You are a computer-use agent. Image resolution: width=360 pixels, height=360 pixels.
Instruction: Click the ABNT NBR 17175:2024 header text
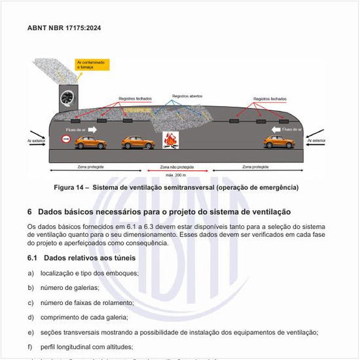pos(64,28)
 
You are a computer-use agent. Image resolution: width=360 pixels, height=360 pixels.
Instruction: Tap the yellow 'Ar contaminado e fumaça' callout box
pos(94,65)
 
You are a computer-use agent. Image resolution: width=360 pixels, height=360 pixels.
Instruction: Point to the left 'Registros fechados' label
pos(135,99)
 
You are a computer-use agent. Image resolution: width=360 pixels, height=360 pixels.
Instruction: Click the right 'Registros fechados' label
pos(270,99)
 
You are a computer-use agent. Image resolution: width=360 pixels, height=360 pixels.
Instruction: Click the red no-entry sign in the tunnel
pos(65,139)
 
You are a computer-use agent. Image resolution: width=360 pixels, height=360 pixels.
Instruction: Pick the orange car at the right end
pos(279,141)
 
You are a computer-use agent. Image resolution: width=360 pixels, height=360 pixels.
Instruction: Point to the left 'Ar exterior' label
pos(36,140)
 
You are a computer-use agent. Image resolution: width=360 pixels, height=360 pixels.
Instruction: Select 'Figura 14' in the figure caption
pos(70,188)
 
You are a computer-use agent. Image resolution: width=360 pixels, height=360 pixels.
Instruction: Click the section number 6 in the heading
pos(30,212)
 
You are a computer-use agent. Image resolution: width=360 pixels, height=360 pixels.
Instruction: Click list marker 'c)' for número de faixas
pos(31,302)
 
